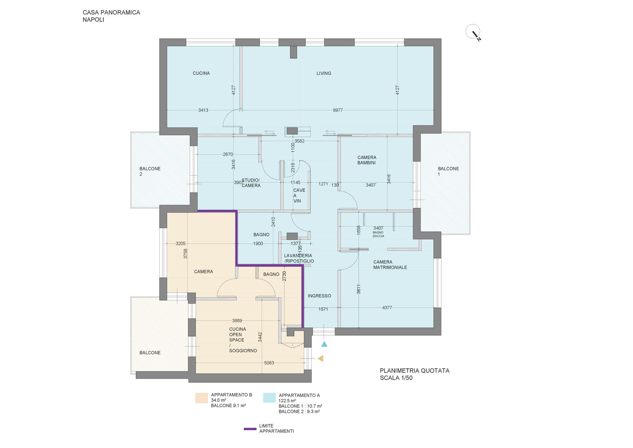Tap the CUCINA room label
click(201, 73)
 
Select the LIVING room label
click(324, 73)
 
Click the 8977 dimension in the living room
click(338, 110)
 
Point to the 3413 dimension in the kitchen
click(203, 110)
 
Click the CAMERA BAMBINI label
click(367, 160)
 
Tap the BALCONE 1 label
click(448, 171)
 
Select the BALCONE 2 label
click(150, 171)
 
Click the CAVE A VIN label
click(299, 195)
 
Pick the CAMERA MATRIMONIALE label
click(390, 265)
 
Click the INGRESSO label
click(319, 296)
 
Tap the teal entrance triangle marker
click(324, 344)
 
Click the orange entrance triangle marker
click(320, 358)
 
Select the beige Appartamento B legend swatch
click(201, 398)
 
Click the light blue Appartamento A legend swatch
click(269, 398)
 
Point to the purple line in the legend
click(250, 429)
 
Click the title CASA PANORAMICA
click(111, 12)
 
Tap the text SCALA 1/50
click(396, 378)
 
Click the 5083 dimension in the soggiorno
click(269, 363)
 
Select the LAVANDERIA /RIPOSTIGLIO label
click(299, 258)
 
